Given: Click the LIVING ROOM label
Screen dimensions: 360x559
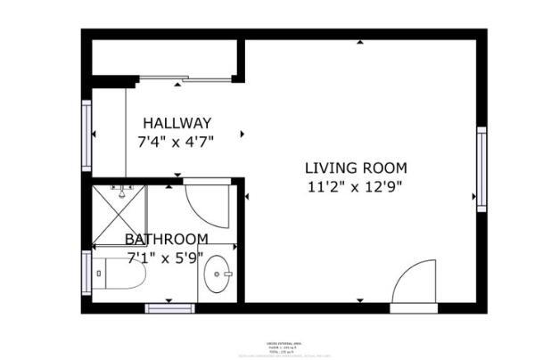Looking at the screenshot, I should coord(356,168).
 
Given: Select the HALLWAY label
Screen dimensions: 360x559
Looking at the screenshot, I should coord(177,123).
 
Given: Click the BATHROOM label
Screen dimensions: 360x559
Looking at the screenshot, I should coord(167,239).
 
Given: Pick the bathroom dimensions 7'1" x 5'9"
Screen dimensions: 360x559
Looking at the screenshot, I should coord(167,257).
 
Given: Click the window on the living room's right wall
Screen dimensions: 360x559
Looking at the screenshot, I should coord(481,169).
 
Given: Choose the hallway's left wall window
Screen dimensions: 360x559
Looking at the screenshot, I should coord(86,135).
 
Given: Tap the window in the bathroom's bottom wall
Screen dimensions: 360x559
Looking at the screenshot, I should coord(169,308).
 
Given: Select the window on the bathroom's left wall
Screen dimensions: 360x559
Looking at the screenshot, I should coord(86,273).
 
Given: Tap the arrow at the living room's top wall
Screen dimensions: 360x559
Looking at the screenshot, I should coord(359,42).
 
